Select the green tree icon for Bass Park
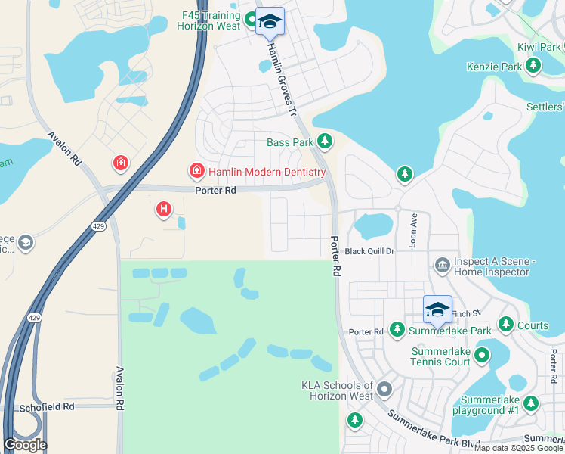click(x=325, y=141)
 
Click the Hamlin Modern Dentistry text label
click(x=267, y=172)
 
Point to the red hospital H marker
click(x=164, y=209)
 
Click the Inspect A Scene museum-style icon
click(x=442, y=263)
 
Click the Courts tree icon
click(x=506, y=326)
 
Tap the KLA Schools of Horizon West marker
click(x=384, y=390)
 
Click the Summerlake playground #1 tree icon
click(x=530, y=403)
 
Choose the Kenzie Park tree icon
click(x=533, y=67)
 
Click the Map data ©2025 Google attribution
click(x=517, y=448)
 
